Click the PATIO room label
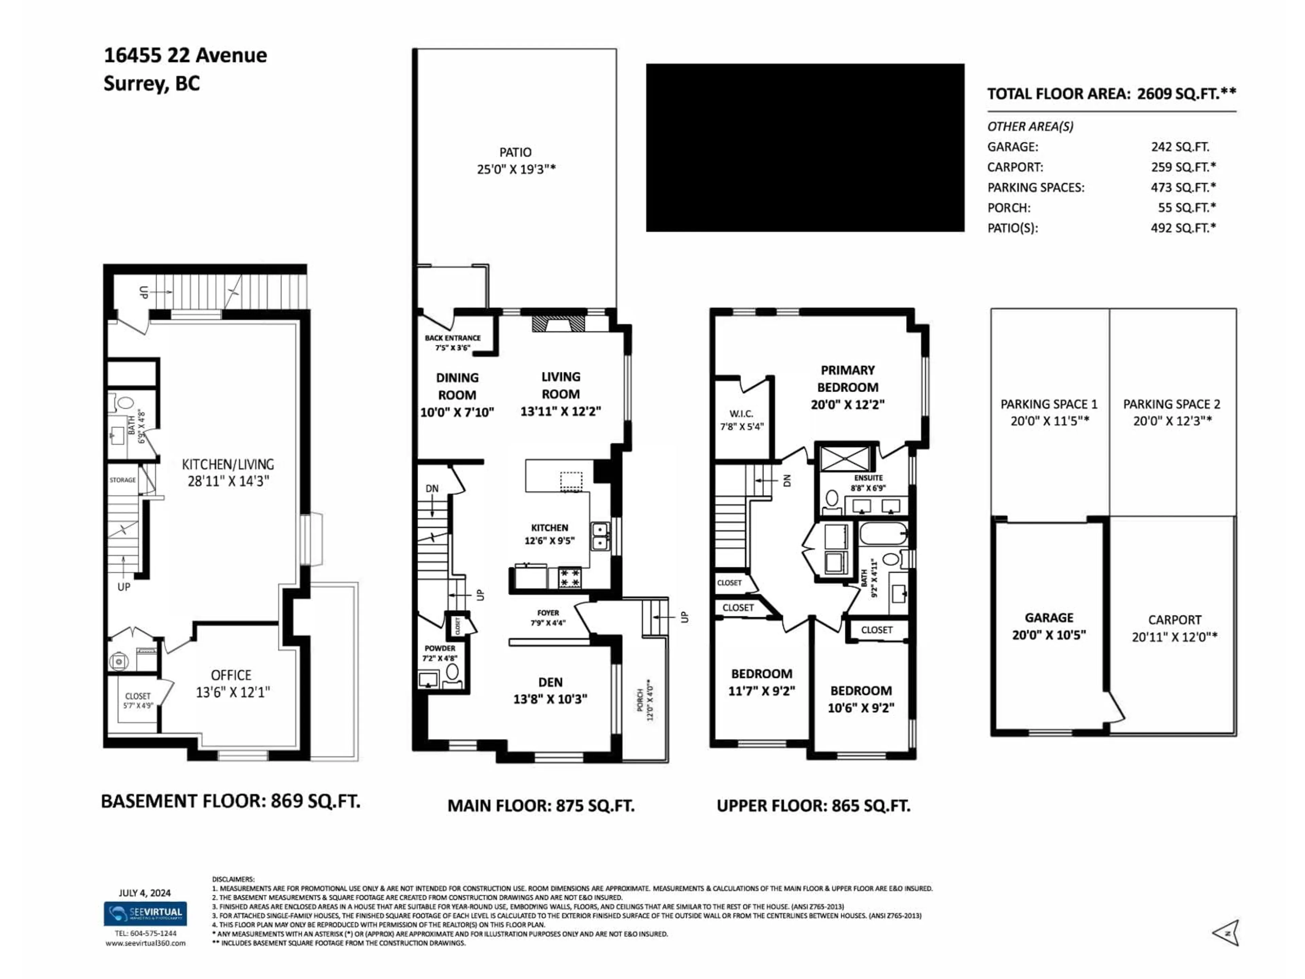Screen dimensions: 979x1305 tap(515, 152)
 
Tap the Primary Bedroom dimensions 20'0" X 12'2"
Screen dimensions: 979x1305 tap(847, 405)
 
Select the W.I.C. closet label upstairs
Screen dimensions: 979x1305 tap(741, 414)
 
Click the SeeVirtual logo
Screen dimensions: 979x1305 tap(145, 914)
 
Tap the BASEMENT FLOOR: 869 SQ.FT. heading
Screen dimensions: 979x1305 tap(230, 801)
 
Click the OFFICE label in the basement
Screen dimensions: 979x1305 tap(231, 675)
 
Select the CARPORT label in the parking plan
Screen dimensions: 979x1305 tap(1174, 620)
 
